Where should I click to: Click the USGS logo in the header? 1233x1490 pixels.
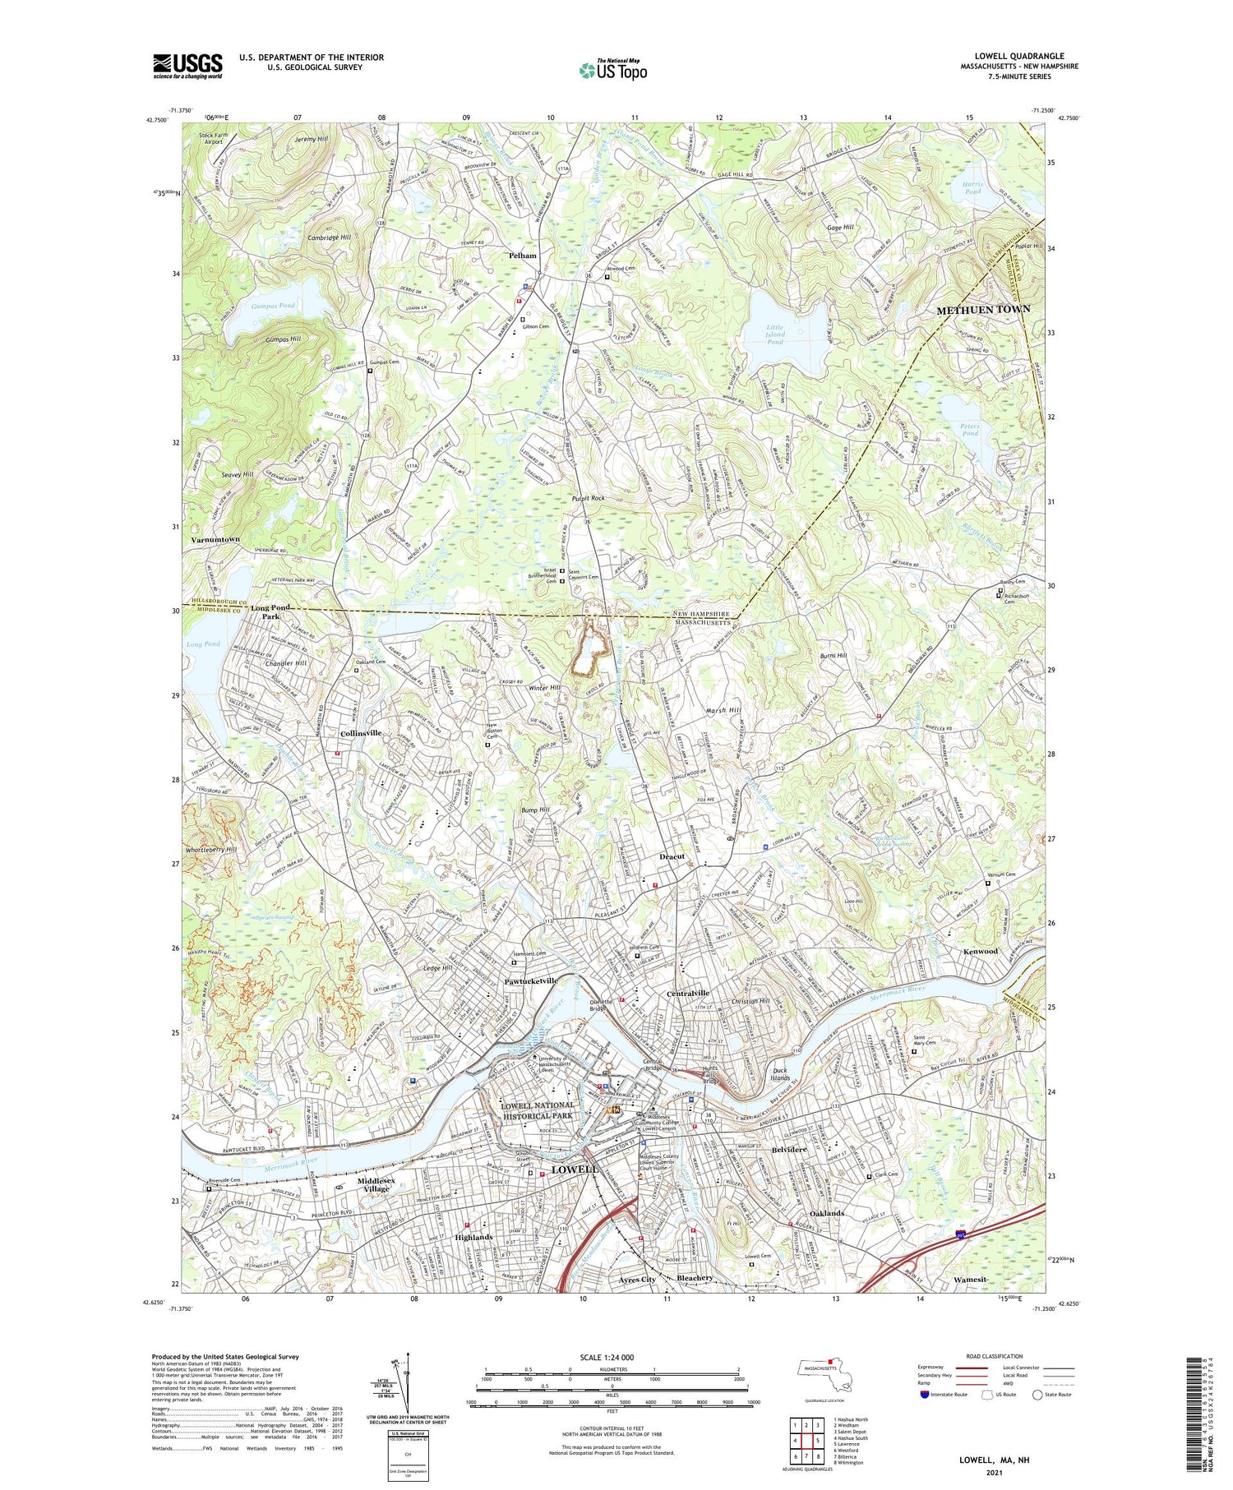pos(187,66)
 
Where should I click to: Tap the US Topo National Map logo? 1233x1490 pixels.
pos(613,71)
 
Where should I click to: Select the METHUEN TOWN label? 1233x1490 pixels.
pos(983,310)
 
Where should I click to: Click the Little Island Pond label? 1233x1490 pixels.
pos(774,334)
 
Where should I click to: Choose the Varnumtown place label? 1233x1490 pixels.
pos(215,540)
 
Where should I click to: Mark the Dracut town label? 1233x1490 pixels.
pos(672,856)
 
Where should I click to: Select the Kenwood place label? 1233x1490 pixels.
pos(980,951)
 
